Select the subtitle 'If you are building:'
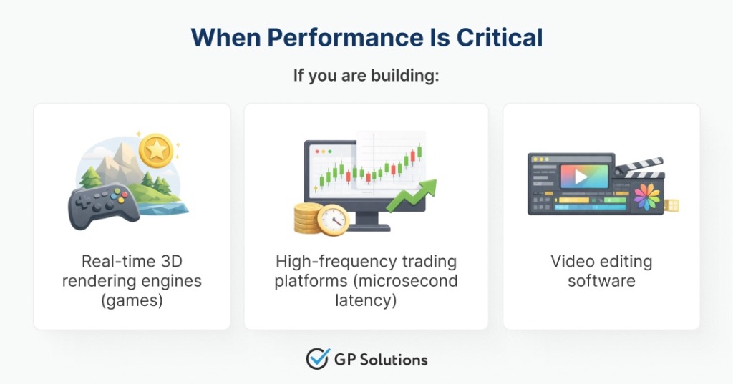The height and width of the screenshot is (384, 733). (x=366, y=75)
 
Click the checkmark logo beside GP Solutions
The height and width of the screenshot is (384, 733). (x=316, y=358)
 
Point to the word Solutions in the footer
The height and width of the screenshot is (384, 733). (x=392, y=359)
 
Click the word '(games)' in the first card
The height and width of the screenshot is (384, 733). (x=132, y=300)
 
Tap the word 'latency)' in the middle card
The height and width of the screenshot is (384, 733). (x=366, y=300)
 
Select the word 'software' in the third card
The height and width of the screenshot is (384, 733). (x=601, y=281)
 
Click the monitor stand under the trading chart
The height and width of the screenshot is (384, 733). (x=366, y=223)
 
